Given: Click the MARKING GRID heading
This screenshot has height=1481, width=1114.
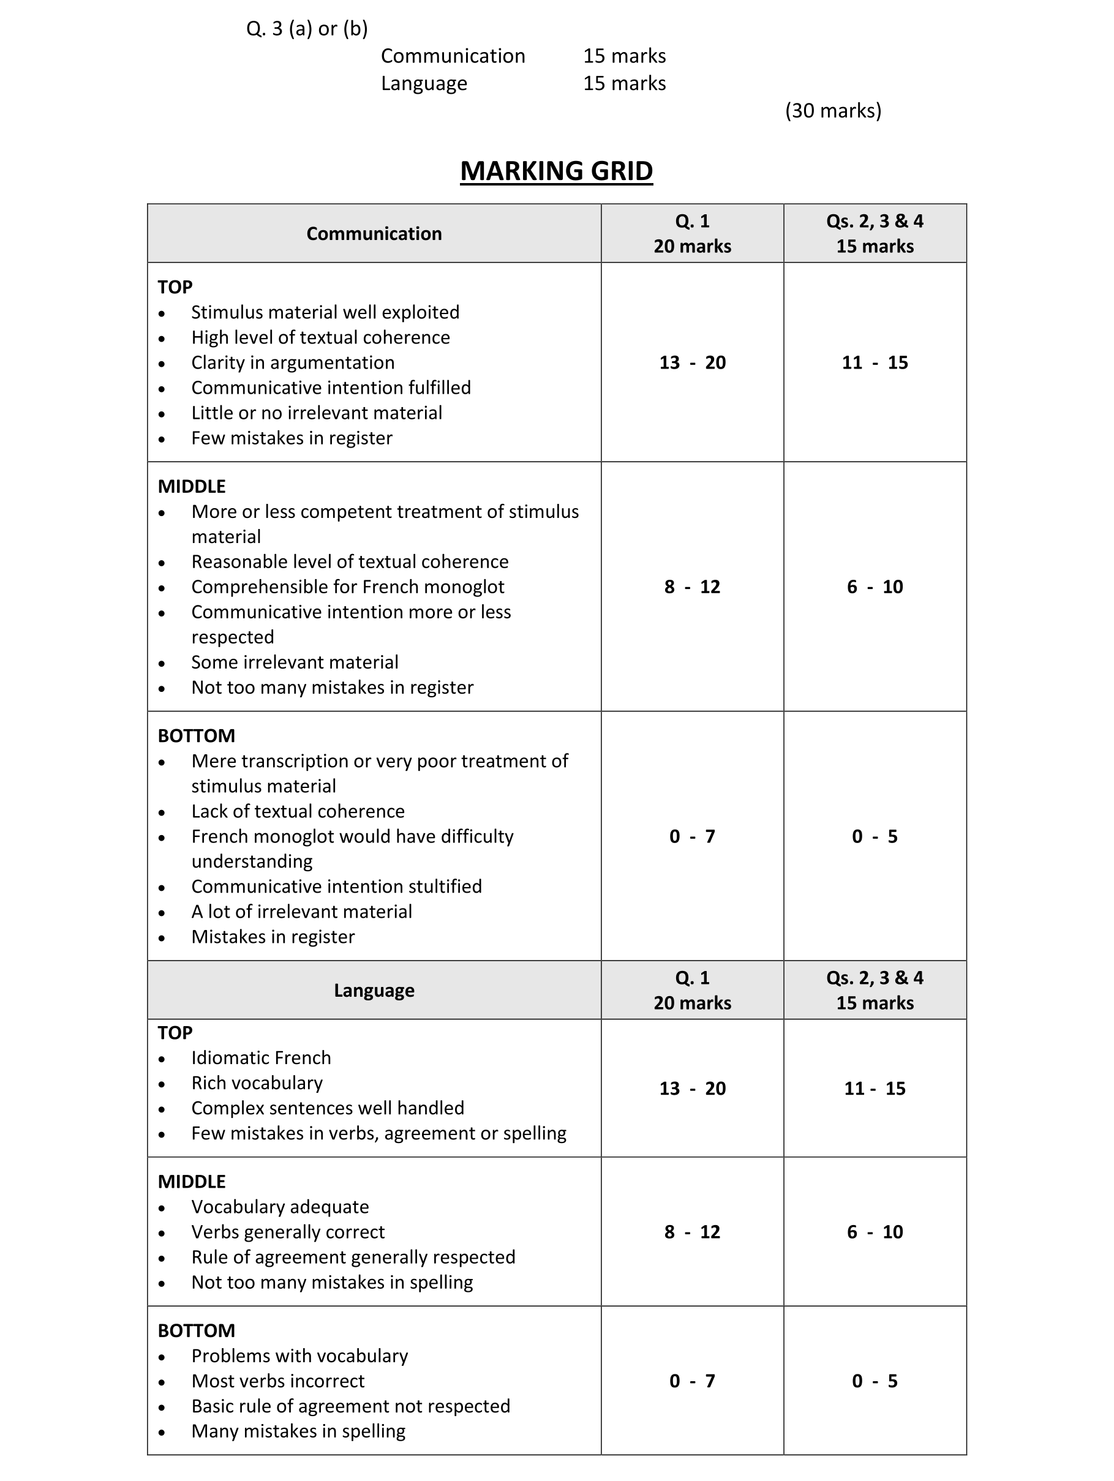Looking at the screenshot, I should pyautogui.click(x=556, y=171).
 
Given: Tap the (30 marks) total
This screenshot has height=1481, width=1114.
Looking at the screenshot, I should pyautogui.click(x=833, y=110).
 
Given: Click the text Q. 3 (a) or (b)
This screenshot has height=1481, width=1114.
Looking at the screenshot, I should pyautogui.click(x=307, y=29).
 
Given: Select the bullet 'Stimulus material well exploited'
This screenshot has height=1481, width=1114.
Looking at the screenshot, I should pyautogui.click(x=325, y=312).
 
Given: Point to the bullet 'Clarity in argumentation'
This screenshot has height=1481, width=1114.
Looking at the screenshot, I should pyautogui.click(x=293, y=362).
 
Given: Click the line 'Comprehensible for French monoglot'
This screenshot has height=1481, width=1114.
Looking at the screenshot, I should pyautogui.click(x=348, y=587).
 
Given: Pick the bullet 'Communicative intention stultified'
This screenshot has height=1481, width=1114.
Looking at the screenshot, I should pyautogui.click(x=336, y=886).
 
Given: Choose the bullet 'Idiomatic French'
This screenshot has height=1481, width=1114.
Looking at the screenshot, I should pyautogui.click(x=262, y=1057).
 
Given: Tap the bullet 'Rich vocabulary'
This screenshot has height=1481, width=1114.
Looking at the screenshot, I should pyautogui.click(x=257, y=1082).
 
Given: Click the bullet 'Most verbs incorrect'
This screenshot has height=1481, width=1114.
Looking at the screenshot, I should pyautogui.click(x=277, y=1381).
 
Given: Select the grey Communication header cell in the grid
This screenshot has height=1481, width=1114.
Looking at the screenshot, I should pyautogui.click(x=374, y=233).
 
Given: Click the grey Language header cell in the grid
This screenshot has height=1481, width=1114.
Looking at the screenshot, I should pyautogui.click(x=374, y=990).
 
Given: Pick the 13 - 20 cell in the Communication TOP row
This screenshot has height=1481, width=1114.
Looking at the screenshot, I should pyautogui.click(x=692, y=362).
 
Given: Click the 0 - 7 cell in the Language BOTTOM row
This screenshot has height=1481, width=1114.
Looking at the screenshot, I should pyautogui.click(x=692, y=1381).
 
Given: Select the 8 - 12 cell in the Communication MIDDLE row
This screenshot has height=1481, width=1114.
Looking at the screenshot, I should pyautogui.click(x=692, y=587).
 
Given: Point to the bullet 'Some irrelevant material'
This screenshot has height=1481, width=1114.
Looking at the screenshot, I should pyautogui.click(x=295, y=662).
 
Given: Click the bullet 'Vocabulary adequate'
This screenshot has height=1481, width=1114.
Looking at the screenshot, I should pyautogui.click(x=280, y=1207).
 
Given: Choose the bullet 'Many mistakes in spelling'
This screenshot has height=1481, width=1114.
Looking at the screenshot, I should pyautogui.click(x=298, y=1431).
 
